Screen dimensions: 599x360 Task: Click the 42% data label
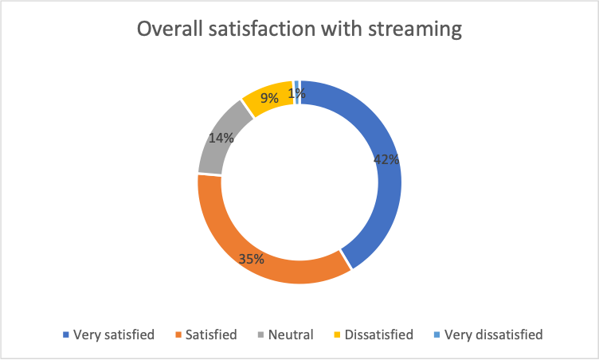[386, 159]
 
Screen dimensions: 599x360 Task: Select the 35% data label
[252, 259]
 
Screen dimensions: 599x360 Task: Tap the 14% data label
[221, 138]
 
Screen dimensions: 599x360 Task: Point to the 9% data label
[269, 98]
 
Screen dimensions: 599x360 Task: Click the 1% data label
[297, 93]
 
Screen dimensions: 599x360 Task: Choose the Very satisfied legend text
[114, 335]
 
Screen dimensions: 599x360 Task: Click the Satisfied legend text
[211, 335]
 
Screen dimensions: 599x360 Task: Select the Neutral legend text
[291, 335]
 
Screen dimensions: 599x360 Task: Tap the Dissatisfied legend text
[379, 335]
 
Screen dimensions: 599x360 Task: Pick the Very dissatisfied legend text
[494, 335]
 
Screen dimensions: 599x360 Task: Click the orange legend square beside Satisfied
[178, 335]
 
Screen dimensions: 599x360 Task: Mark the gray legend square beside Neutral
[261, 335]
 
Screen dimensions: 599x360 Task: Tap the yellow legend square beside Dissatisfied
[337, 335]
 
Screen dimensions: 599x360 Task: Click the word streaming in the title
[415, 29]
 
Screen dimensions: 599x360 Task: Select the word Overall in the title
[170, 29]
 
